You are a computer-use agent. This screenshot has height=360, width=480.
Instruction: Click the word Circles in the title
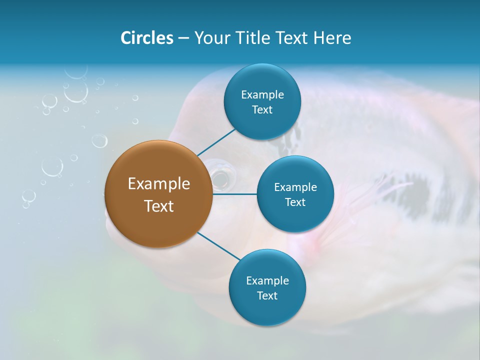point(146,38)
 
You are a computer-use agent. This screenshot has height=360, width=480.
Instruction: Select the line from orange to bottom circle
point(218,245)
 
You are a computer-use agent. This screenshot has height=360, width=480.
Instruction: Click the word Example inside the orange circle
point(159,184)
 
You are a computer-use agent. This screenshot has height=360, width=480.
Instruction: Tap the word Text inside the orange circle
point(159,206)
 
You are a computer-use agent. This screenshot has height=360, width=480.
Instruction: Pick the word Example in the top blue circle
point(262,95)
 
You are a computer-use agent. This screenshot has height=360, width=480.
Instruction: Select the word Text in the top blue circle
point(262,110)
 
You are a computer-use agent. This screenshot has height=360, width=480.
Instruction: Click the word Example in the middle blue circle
point(295,187)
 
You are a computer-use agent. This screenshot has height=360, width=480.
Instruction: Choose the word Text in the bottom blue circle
point(267,296)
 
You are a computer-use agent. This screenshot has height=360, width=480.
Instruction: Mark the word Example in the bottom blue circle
point(267,281)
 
